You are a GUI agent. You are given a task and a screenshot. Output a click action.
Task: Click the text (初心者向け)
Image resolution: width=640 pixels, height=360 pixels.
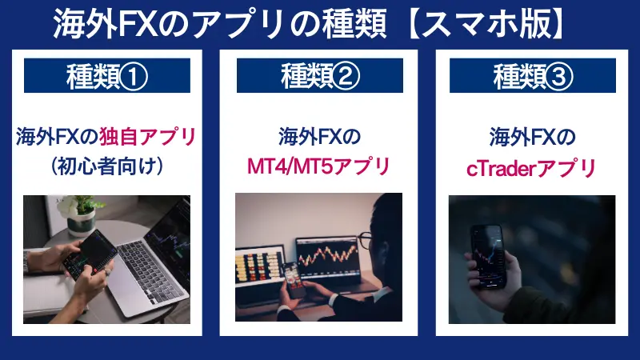coord(106,166)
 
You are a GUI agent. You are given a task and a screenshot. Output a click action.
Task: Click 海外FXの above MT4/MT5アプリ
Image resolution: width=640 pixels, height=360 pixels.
coord(320,137)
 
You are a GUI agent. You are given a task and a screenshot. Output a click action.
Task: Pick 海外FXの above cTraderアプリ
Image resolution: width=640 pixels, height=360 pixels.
coord(533,137)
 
